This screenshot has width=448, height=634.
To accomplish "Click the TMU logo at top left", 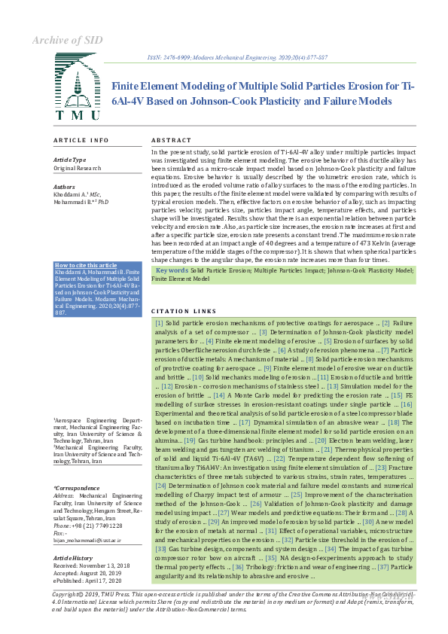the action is point(77,93).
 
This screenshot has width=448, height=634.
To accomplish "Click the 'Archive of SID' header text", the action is point(66,40).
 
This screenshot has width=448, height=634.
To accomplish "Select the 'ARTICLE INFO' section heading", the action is point(81,141).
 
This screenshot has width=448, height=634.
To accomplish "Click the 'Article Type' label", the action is point(69,160).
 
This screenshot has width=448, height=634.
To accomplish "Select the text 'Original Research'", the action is point(78,168).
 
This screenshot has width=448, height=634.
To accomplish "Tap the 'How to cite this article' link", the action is point(86,265).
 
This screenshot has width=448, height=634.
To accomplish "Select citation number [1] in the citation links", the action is point(160,322).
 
